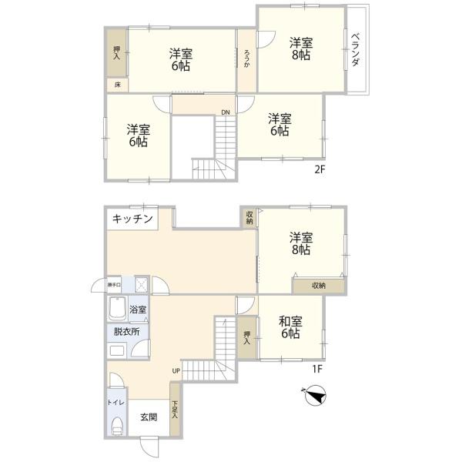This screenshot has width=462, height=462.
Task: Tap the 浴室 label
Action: [x=139, y=310]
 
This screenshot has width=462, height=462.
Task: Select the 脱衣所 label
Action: [x=127, y=332]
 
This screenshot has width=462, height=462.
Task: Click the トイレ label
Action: [x=112, y=402]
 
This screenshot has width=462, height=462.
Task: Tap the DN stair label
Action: [x=225, y=112]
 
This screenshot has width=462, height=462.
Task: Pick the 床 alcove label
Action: [x=117, y=84]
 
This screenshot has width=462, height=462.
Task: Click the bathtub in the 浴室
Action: [x=118, y=310]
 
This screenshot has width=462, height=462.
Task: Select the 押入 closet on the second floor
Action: [x=116, y=52]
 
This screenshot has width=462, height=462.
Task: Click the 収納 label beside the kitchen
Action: [x=249, y=218]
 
